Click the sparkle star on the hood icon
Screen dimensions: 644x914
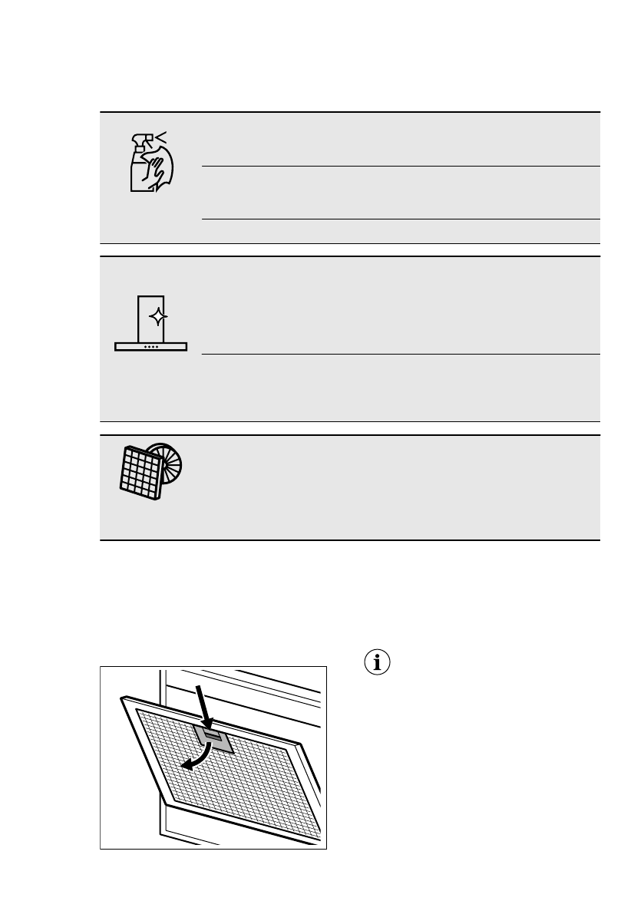pos(157,316)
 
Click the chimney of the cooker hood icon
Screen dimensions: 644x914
pos(151,318)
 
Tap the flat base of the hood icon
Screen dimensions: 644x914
pos(151,347)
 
